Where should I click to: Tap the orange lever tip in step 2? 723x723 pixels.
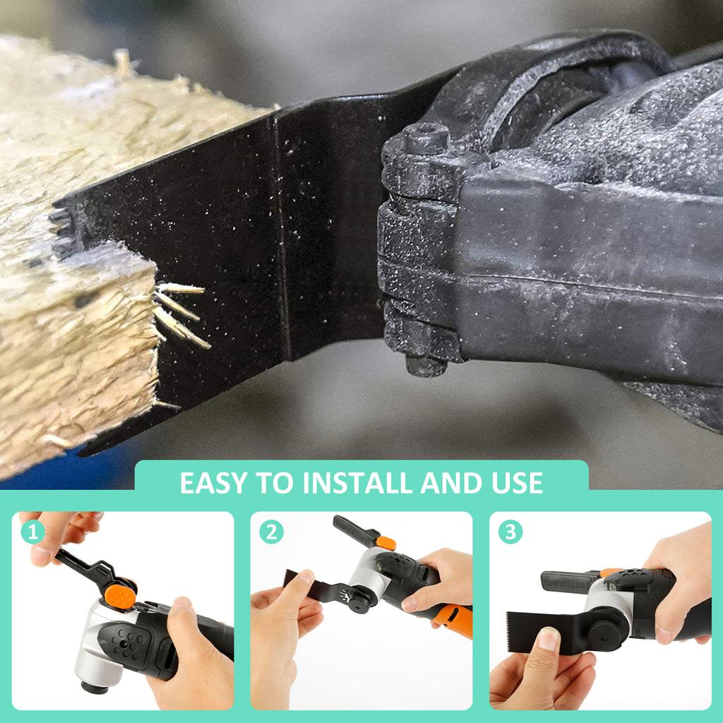[x=386, y=542]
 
